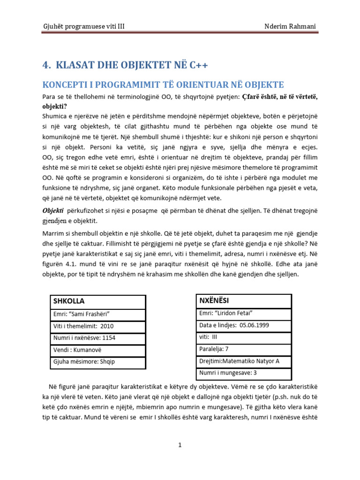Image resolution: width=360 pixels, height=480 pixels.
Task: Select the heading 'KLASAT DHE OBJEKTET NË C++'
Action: (125, 65)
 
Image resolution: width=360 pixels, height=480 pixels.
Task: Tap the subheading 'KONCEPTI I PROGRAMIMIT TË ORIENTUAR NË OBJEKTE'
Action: (163, 85)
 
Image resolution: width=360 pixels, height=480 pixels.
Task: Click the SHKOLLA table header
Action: (69, 301)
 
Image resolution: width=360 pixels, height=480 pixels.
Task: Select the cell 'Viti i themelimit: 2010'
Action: (84, 326)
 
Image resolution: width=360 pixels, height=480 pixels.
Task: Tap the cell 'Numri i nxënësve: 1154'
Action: (84, 338)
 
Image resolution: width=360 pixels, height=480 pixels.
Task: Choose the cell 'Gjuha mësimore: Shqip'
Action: (84, 362)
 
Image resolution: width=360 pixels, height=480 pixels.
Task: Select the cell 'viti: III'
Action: (209, 337)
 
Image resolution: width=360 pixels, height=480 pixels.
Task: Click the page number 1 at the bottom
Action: (180, 445)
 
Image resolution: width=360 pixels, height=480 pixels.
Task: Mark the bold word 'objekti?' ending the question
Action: (55, 106)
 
